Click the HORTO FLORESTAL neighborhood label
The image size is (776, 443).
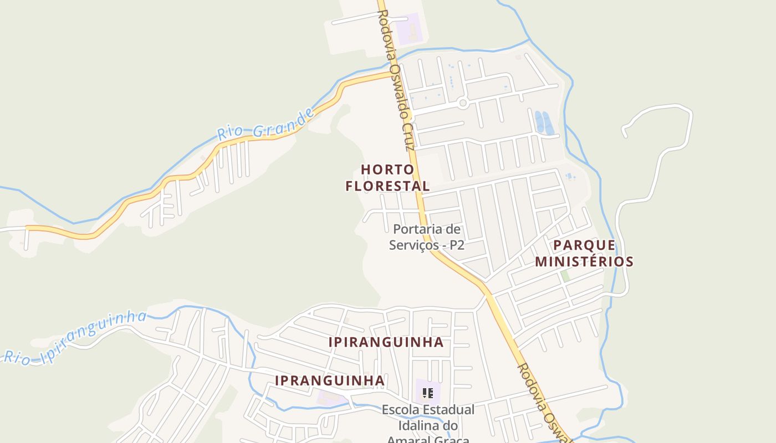point(387,178)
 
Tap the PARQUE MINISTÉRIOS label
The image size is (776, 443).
point(584,253)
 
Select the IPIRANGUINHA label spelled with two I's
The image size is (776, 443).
point(386,342)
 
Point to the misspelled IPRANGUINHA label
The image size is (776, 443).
point(330,380)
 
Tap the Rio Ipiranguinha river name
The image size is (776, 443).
point(75,338)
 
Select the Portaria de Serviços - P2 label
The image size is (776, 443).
point(426,237)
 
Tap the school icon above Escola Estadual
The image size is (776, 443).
point(427,393)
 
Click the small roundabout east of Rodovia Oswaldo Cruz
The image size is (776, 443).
point(463,102)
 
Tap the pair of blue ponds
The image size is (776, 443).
point(544,123)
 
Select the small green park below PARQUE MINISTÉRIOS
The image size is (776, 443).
point(565,275)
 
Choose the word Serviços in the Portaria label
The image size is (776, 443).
point(410,245)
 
